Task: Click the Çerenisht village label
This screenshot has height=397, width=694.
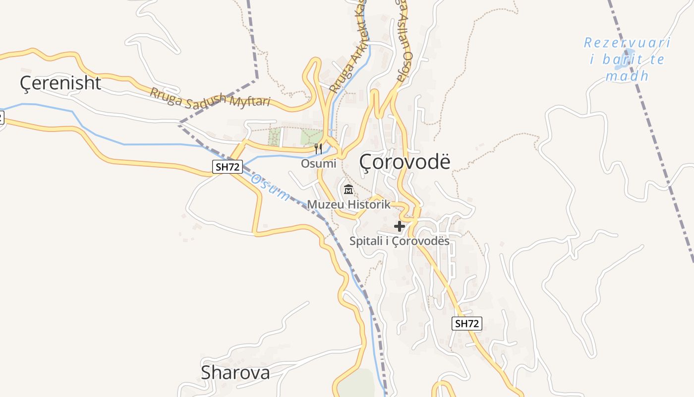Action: [60, 83]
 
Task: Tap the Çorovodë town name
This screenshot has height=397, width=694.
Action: [405, 161]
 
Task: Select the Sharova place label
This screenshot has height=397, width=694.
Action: [235, 373]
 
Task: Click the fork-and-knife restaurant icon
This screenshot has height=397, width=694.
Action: [318, 148]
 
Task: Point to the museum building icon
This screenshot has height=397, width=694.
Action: [348, 190]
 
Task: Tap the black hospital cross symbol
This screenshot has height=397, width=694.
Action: [399, 227]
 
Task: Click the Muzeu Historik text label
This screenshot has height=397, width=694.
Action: [348, 204]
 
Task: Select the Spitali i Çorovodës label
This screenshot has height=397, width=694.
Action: [399, 241]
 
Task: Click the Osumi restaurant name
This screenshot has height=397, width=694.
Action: [318, 163]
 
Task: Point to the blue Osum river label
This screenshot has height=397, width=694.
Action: [270, 187]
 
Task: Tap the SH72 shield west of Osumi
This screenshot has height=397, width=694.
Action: [228, 167]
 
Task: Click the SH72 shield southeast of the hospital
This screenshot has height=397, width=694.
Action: [467, 324]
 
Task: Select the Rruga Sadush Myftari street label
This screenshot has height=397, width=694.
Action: [210, 97]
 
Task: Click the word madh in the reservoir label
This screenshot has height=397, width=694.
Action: [627, 76]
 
